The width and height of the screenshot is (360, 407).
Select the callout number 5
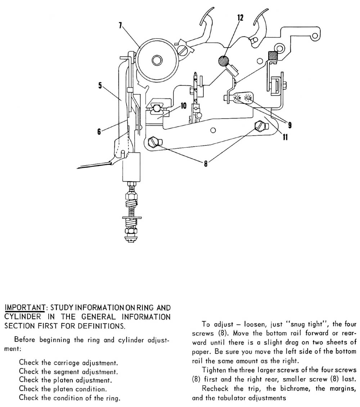100,86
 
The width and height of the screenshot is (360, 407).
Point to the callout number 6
99,132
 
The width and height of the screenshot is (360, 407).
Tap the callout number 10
183,106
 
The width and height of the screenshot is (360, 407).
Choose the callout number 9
289,125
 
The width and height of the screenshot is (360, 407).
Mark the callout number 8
205,163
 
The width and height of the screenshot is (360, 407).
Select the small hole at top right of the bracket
315,36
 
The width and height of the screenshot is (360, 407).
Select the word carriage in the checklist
62,362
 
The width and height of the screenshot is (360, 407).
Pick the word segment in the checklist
63,371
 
